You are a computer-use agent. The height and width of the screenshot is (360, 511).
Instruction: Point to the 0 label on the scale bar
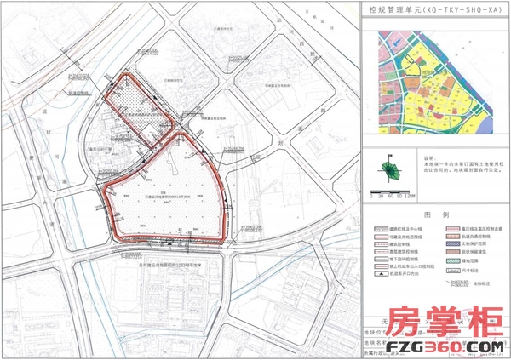(371, 196)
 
